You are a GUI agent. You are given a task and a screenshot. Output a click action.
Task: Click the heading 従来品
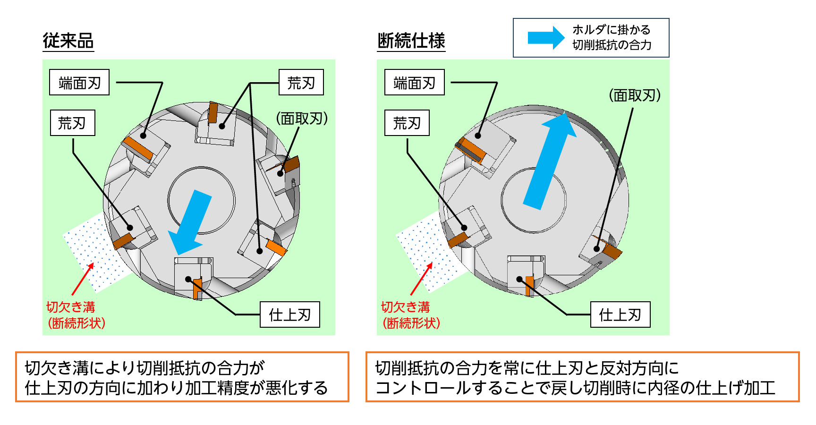click(68, 41)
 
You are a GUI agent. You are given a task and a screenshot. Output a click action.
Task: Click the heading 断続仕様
click(411, 41)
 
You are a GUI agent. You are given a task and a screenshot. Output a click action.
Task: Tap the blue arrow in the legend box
click(546, 37)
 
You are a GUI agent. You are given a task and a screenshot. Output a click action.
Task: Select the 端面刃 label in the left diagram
click(79, 83)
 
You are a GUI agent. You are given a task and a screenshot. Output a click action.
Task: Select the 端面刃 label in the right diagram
click(415, 83)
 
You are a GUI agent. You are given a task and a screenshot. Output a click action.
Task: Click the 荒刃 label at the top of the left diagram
click(301, 83)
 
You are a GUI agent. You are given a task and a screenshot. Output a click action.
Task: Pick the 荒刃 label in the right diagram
click(407, 123)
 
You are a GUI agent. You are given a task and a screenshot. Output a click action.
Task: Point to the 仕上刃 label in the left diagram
click(290, 314)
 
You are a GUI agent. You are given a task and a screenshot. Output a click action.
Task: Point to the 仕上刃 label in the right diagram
click(620, 314)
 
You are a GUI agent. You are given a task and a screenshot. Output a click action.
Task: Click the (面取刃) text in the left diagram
click(302, 118)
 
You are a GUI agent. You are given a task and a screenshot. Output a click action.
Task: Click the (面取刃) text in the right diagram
click(635, 95)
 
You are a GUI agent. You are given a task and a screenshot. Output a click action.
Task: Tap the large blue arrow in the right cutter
click(550, 160)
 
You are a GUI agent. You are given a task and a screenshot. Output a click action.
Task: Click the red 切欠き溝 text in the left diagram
click(71, 307)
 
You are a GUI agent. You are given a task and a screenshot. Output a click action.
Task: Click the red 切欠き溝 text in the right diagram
click(406, 307)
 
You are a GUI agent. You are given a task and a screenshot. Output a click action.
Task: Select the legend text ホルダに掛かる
click(612, 30)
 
